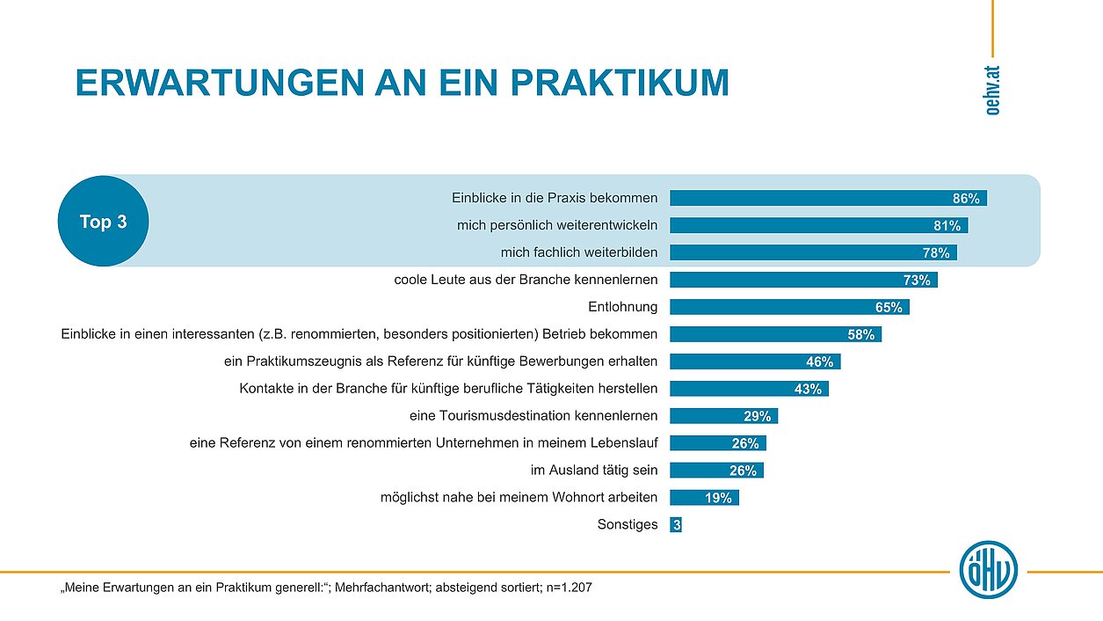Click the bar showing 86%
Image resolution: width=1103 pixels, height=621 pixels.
pos(828,198)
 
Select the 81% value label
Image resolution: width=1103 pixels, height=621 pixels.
pos(947,226)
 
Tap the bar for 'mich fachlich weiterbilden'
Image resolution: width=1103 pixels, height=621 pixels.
pos(813,252)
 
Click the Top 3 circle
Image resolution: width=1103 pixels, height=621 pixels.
pos(103,222)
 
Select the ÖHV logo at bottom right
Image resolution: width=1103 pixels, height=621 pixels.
pos(989,565)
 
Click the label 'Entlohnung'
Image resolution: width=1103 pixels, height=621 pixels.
pos(622,307)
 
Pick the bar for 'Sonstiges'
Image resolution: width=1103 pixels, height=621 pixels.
pos(676,525)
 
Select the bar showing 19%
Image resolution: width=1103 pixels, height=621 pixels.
pos(704,498)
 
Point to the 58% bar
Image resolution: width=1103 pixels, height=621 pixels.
pos(775,334)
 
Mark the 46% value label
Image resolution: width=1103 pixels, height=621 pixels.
pos(819,362)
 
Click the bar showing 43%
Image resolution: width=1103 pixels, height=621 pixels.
pos(749,389)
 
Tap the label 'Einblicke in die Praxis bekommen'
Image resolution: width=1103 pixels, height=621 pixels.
pos(555,198)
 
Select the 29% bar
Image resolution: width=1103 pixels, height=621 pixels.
pos(723,416)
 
